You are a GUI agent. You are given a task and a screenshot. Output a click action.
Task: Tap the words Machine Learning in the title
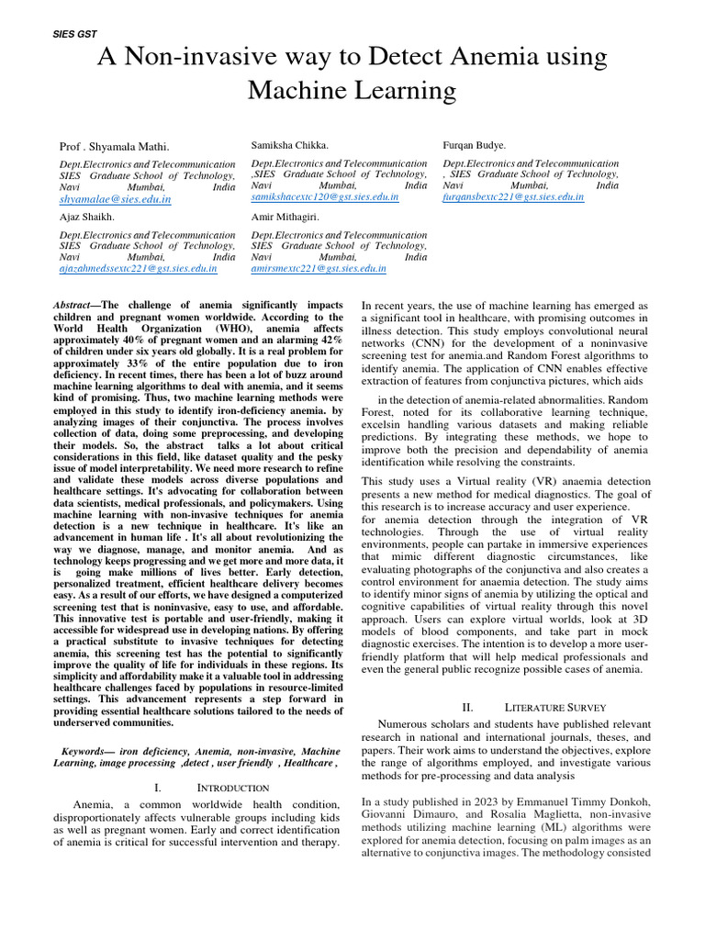click(352, 90)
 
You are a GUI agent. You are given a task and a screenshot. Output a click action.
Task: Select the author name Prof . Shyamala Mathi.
click(114, 146)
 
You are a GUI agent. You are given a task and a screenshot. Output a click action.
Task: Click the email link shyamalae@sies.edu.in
click(115, 198)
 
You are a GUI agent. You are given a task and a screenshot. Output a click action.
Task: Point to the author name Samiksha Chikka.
click(289, 145)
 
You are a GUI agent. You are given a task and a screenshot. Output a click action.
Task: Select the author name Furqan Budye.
click(474, 145)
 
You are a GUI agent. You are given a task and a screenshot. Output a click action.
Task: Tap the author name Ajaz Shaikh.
click(86, 218)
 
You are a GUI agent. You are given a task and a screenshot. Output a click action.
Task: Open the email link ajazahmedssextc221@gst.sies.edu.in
click(138, 269)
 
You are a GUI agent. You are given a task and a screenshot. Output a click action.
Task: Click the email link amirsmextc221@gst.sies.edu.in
click(318, 269)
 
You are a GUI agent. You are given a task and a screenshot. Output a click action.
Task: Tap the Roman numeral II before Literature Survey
click(467, 708)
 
